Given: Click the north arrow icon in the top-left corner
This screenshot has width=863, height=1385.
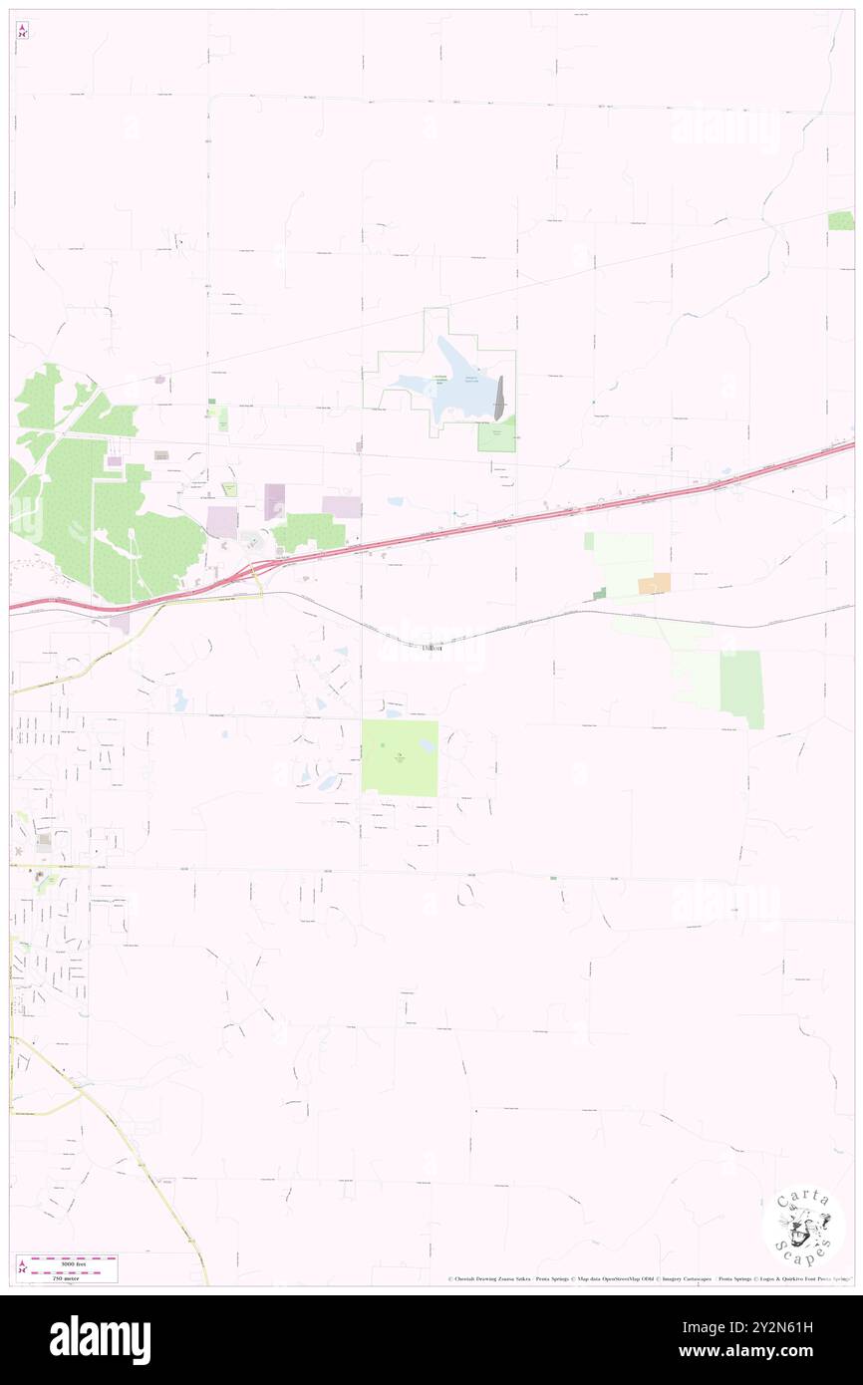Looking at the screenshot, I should (22, 31).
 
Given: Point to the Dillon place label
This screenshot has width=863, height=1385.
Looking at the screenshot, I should (431, 648).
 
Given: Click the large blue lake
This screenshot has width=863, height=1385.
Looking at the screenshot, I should (448, 384).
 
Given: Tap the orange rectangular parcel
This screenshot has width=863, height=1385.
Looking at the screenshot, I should (654, 584).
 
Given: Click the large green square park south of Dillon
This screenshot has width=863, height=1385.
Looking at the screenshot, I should (399, 757).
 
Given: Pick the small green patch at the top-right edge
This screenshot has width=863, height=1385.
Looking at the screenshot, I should (841, 220).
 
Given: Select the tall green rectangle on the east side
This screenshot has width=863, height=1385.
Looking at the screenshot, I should (741, 689).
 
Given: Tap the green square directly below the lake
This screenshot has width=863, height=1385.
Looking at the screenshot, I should (496, 434).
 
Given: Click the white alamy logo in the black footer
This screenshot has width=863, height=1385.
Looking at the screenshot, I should (100, 1339).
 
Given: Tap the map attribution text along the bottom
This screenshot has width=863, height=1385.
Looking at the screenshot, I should (648, 1278).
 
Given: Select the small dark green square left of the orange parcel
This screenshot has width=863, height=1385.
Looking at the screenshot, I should (599, 594).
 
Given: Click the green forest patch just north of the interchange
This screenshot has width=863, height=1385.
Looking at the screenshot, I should (309, 531).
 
